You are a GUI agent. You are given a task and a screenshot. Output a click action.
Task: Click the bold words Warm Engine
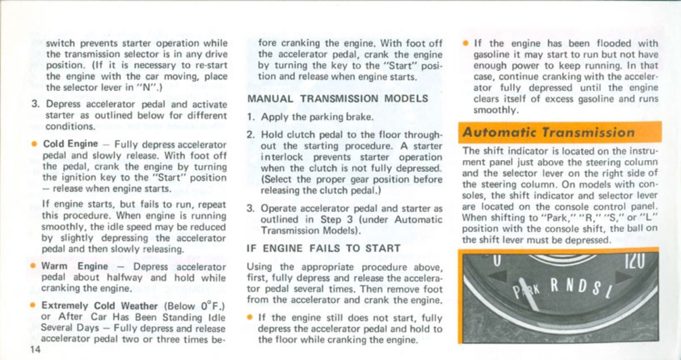point(74,267)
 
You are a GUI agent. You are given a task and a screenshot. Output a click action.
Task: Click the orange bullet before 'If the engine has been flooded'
point(465,43)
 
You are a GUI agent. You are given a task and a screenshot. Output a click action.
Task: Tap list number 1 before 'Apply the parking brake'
point(250,117)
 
